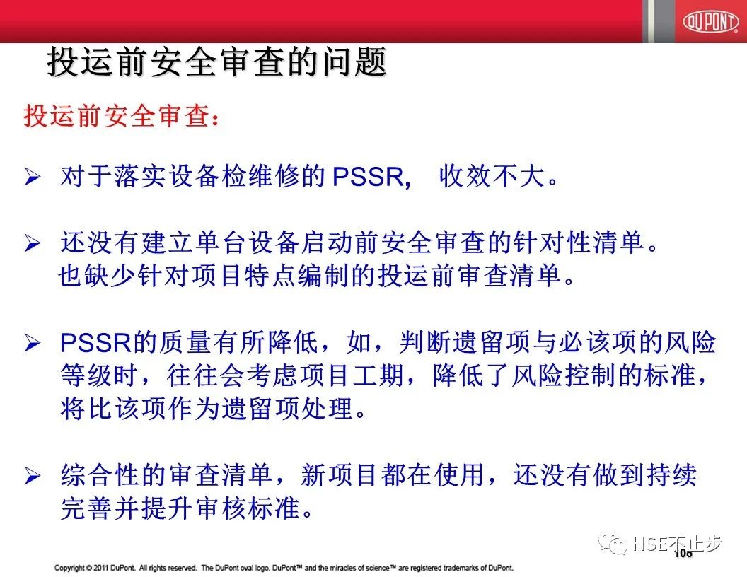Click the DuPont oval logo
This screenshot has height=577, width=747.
710,21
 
